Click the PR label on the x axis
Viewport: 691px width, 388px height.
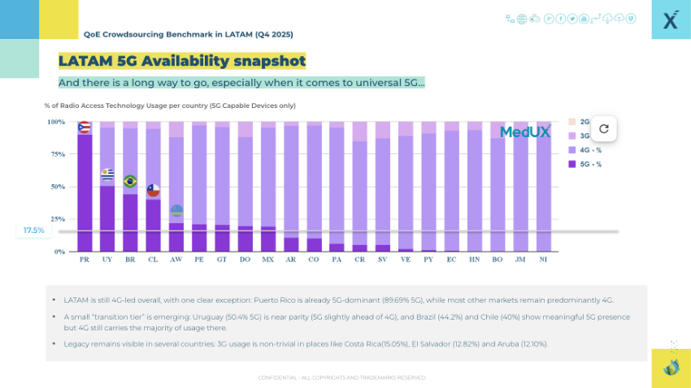[85, 260]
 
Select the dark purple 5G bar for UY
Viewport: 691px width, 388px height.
[107, 219]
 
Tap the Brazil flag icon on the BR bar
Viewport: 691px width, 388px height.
[130, 181]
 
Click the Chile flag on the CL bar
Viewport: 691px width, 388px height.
[153, 190]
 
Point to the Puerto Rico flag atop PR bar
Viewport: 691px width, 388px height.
[84, 127]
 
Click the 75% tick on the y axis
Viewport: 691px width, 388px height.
[56, 154]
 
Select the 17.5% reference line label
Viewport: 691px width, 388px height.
[34, 231]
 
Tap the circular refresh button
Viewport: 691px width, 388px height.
[603, 128]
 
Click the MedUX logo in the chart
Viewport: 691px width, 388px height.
[524, 131]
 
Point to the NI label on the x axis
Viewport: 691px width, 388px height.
[543, 260]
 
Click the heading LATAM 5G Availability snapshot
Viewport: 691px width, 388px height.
[182, 61]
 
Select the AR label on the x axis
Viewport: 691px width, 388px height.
[291, 260]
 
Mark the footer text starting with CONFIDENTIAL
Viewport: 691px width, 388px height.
[341, 377]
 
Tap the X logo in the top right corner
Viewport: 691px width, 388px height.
[671, 20]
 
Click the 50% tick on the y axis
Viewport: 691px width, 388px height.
[56, 187]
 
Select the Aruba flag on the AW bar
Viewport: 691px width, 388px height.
[176, 211]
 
